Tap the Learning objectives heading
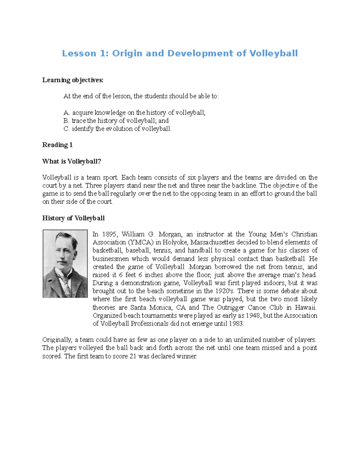73,80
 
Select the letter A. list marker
66,113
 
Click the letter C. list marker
66,129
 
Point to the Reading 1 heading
57,145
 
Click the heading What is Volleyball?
71,161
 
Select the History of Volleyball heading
73,218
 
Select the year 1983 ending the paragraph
236,324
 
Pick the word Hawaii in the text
305,308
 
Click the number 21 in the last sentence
133,356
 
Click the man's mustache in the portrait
64,260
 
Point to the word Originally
57,340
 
